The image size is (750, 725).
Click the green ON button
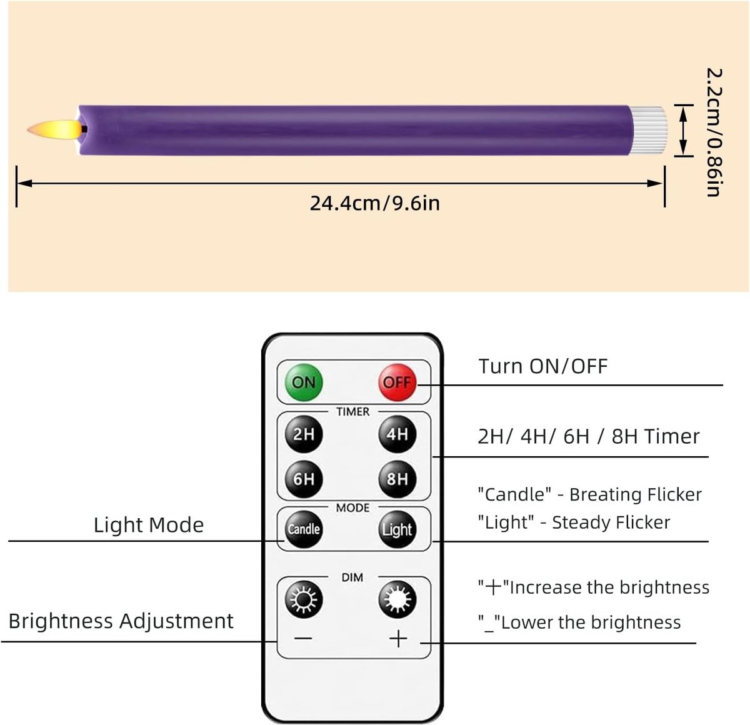303,382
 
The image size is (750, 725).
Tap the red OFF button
397,382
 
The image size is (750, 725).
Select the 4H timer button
397,434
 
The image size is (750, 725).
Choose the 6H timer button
303,479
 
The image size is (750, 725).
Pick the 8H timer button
397,479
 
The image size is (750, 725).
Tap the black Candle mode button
303,529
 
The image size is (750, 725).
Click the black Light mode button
397,529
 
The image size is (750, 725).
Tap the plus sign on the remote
398,639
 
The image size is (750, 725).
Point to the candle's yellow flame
54,129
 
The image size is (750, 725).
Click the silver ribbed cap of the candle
648,131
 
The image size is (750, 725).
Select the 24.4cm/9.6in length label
374,203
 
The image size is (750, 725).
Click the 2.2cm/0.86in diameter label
714,132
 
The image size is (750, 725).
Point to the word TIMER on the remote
352,412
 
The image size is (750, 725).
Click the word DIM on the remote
352,577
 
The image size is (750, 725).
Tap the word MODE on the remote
352,508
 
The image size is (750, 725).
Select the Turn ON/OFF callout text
542,366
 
